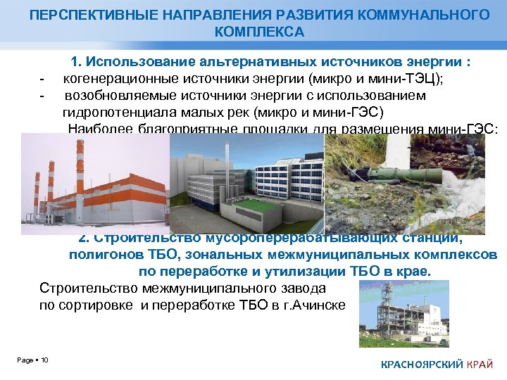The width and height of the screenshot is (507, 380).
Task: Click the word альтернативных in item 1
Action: (240, 62)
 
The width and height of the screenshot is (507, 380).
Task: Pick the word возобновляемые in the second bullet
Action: (116, 95)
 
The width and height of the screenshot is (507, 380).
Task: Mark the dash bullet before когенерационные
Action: (43, 78)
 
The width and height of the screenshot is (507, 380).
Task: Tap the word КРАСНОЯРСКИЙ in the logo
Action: (422, 364)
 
